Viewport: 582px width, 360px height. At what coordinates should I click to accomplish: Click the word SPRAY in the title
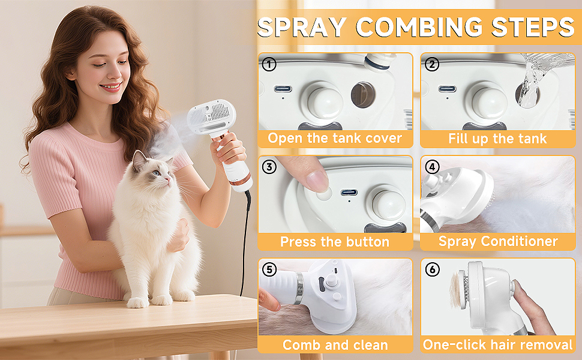coord(302,28)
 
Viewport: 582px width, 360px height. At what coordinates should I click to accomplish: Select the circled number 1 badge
coord(269,64)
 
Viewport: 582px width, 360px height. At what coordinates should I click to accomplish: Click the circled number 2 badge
coord(431,64)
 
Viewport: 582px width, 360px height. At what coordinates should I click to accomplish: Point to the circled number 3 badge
coord(269,167)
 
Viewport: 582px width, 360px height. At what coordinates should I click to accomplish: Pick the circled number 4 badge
coord(431,167)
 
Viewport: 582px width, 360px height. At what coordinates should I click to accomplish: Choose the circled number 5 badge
coord(269,270)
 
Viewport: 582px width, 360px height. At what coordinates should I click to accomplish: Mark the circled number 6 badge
coord(431,270)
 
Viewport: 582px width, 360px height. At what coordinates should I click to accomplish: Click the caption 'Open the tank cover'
coord(335,139)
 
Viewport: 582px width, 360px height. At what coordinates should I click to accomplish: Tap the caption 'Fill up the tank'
coord(497,139)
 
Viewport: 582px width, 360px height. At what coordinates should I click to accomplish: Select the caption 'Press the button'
coord(335,242)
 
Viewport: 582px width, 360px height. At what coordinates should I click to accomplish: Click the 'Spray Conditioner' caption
coord(497,242)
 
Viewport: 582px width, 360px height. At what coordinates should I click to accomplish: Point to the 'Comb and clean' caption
coord(335,345)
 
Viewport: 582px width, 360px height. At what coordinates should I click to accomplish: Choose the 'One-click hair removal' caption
coord(497,345)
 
